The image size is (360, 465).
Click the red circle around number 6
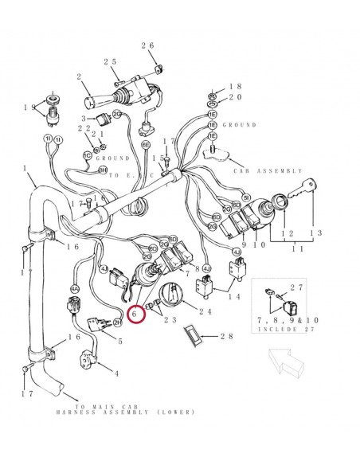135,315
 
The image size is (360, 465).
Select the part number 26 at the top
147,45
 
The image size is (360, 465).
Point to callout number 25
110,61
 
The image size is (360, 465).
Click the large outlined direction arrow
288,362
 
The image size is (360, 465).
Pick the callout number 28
227,337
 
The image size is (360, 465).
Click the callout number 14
234,296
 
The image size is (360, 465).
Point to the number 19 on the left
29,107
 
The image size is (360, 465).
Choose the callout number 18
236,87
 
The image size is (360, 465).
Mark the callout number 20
236,97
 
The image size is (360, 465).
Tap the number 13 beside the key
315,232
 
